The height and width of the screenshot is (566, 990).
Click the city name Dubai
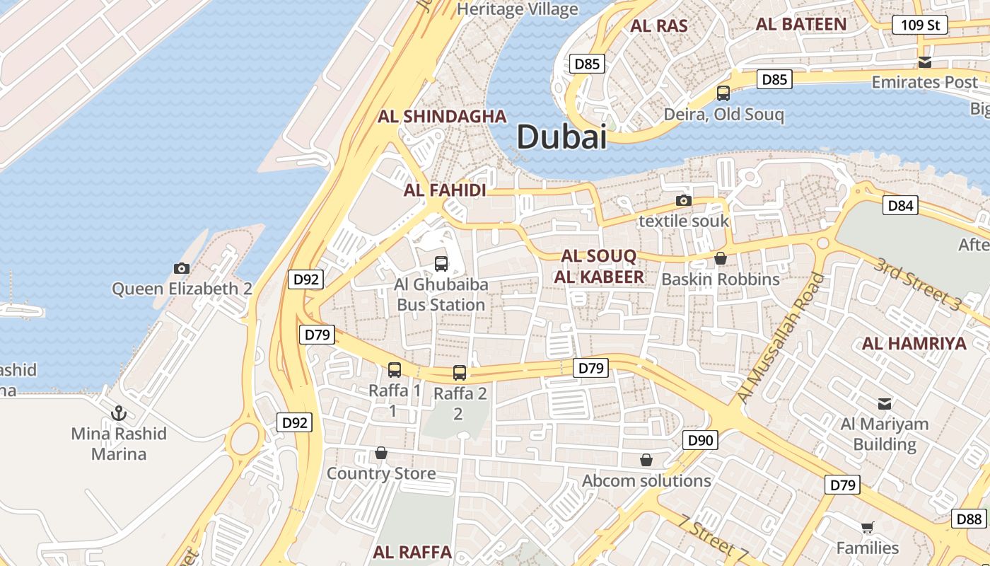[561, 136]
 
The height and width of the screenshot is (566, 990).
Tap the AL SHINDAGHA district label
[443, 117]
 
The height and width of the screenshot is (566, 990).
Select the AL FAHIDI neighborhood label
[445, 190]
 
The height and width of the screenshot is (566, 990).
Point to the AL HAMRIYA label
[914, 344]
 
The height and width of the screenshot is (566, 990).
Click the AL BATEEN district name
[800, 24]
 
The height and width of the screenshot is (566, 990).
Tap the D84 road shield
[901, 206]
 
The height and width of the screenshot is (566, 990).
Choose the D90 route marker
[701, 441]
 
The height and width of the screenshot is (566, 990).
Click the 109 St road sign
[919, 25]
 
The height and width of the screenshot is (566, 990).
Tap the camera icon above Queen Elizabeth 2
[182, 268]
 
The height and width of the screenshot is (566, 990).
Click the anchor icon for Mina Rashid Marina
[119, 412]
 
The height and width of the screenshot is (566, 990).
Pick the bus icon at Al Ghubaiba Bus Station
[441, 264]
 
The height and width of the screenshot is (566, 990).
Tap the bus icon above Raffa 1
[395, 369]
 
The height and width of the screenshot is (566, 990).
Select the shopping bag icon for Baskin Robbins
[720, 259]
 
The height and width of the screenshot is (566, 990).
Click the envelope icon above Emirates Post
[924, 62]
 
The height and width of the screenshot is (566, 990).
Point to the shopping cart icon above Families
[867, 527]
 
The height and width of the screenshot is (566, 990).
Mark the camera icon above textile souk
[683, 200]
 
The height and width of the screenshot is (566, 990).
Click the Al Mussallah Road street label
[781, 338]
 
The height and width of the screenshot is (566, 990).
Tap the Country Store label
[381, 473]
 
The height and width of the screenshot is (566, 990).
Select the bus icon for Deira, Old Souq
[723, 93]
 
